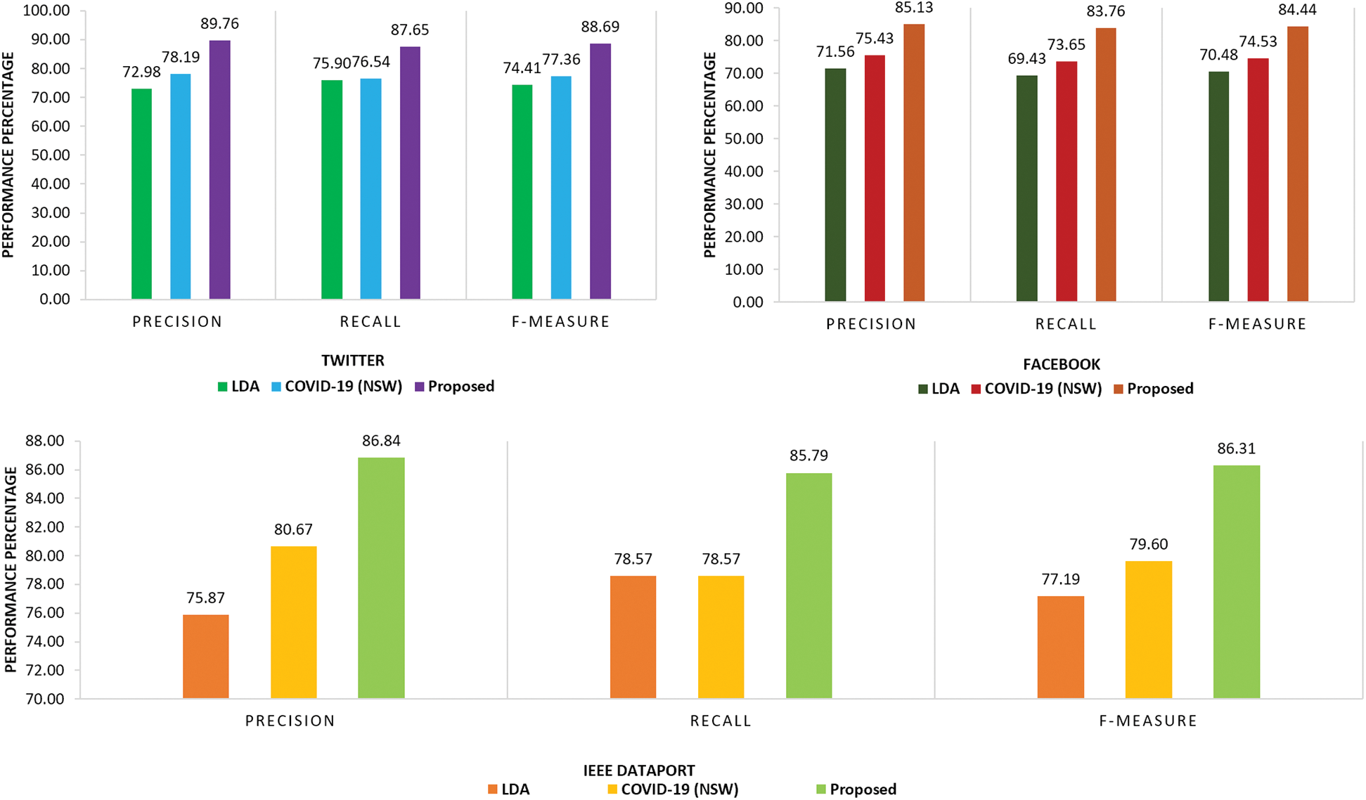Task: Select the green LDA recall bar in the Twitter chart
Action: [x=332, y=190]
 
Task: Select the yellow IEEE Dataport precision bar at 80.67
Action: [x=293, y=622]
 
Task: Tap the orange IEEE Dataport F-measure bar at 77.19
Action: [x=1060, y=647]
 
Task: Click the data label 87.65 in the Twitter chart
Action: [x=410, y=30]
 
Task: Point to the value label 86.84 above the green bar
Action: [x=381, y=441]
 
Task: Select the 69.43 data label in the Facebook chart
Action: [x=1026, y=59]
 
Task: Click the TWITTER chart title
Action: [x=353, y=361]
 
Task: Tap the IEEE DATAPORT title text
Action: [x=638, y=770]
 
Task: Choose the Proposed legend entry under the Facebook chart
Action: [x=1159, y=389]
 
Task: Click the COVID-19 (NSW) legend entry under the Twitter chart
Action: [x=343, y=387]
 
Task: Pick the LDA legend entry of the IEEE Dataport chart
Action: [x=515, y=789]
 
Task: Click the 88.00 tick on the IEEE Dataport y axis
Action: [x=44, y=441]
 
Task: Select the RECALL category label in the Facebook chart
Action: [x=1066, y=324]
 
